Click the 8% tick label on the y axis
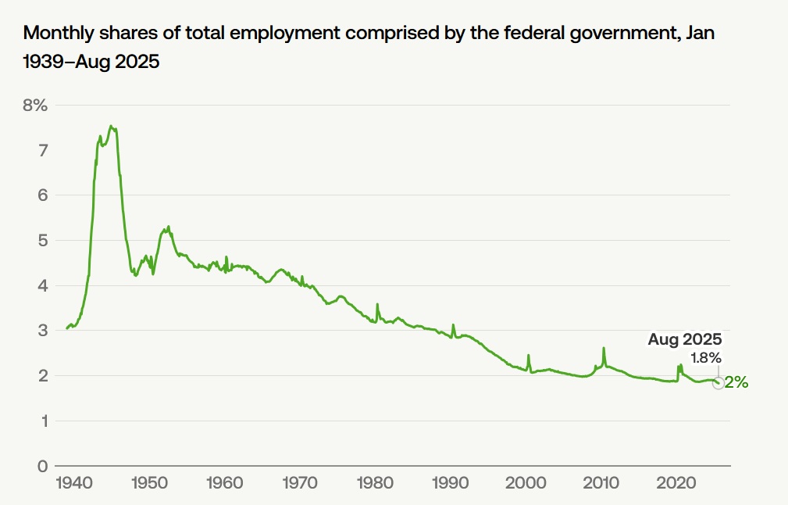click(35, 106)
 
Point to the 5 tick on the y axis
click(43, 241)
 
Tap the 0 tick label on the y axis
click(43, 467)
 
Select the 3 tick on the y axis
click(43, 331)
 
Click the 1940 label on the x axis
click(73, 483)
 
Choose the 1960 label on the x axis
click(224, 483)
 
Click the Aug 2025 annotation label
click(685, 339)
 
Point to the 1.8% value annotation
click(705, 357)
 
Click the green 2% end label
click(736, 383)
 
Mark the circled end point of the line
click(718, 383)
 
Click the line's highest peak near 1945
click(111, 126)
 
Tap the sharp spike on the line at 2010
click(604, 348)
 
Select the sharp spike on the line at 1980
click(377, 304)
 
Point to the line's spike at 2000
click(529, 355)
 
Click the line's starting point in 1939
click(66, 328)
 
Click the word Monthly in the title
click(55, 34)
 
